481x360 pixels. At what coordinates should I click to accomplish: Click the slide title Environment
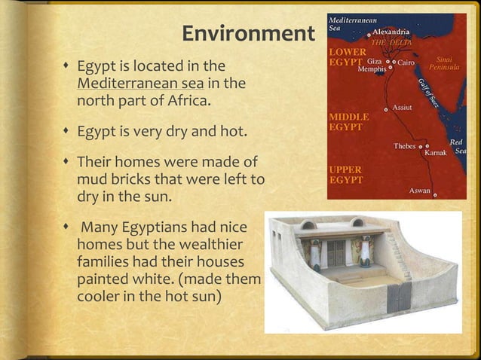click(x=247, y=35)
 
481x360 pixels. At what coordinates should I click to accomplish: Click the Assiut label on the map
click(x=407, y=109)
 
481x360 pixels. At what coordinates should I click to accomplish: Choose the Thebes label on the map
click(x=406, y=145)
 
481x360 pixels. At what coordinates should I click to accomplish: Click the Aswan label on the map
click(x=420, y=190)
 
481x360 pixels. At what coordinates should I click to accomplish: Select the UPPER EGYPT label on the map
click(x=345, y=175)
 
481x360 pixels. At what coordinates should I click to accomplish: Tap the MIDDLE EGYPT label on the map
click(x=348, y=123)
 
